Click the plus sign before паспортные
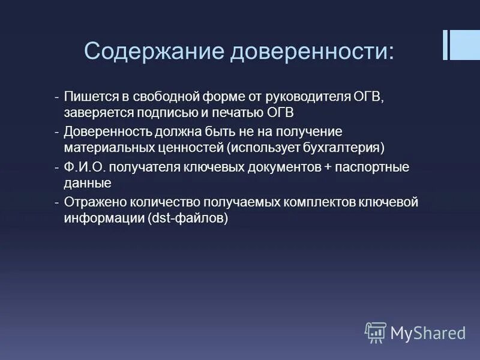[327, 167]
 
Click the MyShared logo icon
[376, 332]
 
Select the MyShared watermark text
[428, 332]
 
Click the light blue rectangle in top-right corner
[465, 45]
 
